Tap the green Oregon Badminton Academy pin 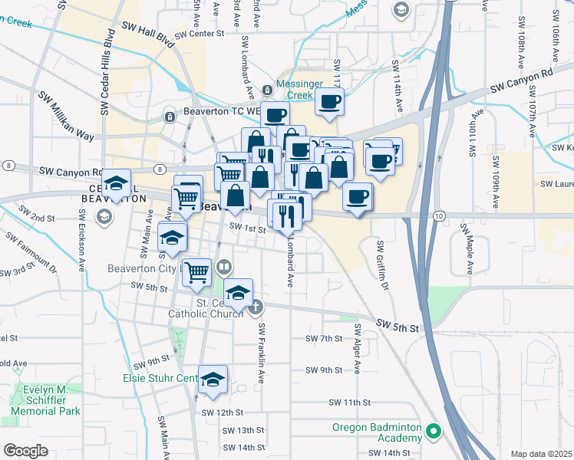click(434, 432)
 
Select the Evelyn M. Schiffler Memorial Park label click(46, 400)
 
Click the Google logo click(25, 451)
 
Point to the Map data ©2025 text click(540, 454)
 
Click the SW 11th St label click(350, 402)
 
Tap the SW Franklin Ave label click(261, 353)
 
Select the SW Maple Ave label click(466, 250)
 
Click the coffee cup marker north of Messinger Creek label click(329, 101)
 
